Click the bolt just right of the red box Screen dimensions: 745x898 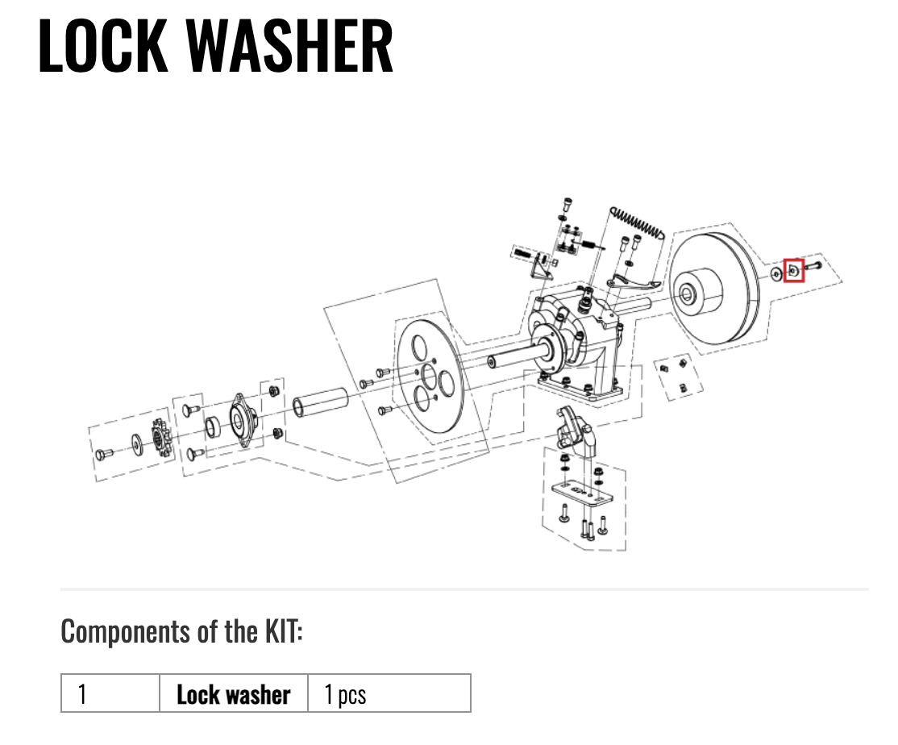pos(812,266)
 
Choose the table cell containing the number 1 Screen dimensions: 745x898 pos(110,693)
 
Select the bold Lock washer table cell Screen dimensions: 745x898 pos(234,693)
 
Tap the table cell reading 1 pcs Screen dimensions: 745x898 pos(389,693)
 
